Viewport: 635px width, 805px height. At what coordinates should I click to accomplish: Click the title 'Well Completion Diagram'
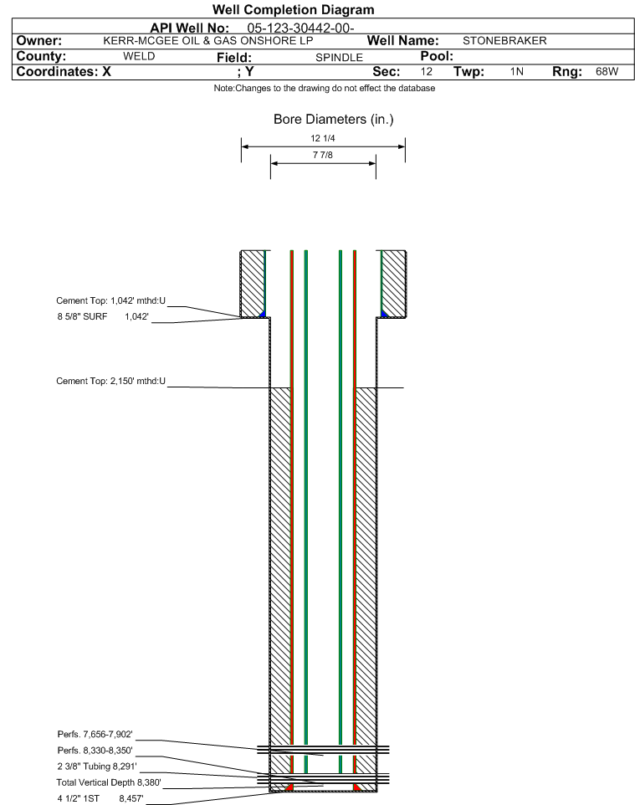pos(293,10)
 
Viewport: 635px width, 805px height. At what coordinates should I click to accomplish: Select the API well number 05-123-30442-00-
pos(300,28)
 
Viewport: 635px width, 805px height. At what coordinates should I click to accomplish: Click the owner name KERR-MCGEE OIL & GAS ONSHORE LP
pos(208,41)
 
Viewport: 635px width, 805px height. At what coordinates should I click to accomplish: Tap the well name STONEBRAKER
pos(504,41)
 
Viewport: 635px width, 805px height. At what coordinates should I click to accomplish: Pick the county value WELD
pos(139,56)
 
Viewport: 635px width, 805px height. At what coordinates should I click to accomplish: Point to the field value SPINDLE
pos(339,58)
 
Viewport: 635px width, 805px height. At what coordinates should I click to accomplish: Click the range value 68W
pos(607,71)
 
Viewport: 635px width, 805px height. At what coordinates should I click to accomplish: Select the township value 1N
pos(517,71)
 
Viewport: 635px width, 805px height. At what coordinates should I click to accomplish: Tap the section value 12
pos(427,71)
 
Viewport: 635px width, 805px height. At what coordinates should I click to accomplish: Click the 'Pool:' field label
pos(437,56)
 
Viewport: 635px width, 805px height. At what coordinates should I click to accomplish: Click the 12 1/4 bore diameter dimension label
pos(323,138)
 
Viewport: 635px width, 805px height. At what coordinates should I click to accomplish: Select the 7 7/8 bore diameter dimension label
pos(323,155)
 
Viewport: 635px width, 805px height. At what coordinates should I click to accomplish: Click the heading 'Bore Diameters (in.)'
pos(334,120)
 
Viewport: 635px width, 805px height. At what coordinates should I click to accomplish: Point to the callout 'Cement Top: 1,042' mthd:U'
pos(111,301)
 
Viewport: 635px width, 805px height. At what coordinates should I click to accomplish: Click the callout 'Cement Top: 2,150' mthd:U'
pos(111,381)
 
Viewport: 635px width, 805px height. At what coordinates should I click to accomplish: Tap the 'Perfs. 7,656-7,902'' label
pos(95,735)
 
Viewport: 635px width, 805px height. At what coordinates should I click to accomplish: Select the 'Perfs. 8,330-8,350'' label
pos(95,751)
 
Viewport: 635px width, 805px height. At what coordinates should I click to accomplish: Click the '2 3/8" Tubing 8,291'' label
pos(97,767)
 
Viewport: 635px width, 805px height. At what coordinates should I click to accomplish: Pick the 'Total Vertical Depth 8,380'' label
pos(109,782)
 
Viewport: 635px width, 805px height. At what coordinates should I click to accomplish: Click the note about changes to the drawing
pos(325,89)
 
